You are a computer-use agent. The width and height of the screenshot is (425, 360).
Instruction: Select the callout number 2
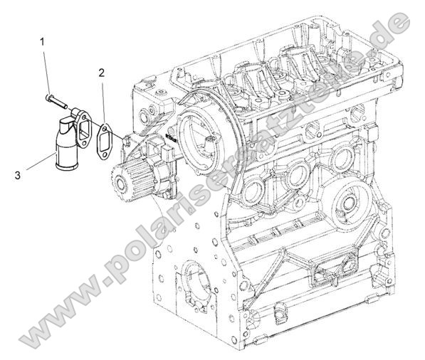coord(103,72)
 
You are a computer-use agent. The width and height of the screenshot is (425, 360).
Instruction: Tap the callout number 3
coord(27,171)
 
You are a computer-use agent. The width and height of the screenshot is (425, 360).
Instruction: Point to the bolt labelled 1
coord(57,100)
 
